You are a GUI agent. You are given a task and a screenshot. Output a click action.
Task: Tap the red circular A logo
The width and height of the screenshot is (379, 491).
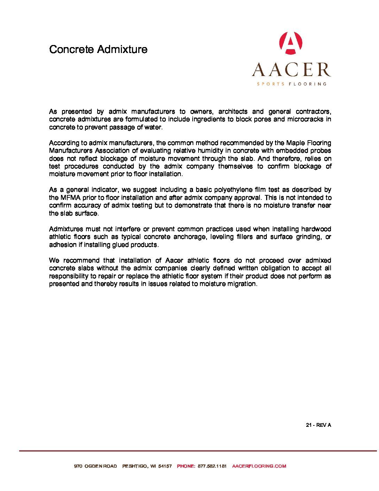(x=291, y=43)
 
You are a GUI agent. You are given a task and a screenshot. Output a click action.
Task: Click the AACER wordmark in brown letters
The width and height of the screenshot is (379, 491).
(x=291, y=70)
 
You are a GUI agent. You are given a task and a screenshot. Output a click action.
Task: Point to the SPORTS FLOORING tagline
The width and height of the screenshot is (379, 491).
(x=292, y=84)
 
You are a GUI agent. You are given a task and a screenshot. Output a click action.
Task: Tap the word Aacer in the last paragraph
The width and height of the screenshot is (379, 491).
(x=174, y=260)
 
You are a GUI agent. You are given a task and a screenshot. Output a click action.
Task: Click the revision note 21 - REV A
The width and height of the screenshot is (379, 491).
(x=318, y=425)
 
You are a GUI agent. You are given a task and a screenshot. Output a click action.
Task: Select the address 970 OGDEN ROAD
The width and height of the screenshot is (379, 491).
(x=95, y=466)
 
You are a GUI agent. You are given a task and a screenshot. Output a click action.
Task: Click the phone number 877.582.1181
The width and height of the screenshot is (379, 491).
(x=212, y=466)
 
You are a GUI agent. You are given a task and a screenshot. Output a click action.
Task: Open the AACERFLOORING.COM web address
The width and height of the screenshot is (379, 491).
(x=259, y=466)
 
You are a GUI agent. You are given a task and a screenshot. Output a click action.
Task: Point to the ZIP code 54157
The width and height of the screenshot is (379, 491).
(x=165, y=466)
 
